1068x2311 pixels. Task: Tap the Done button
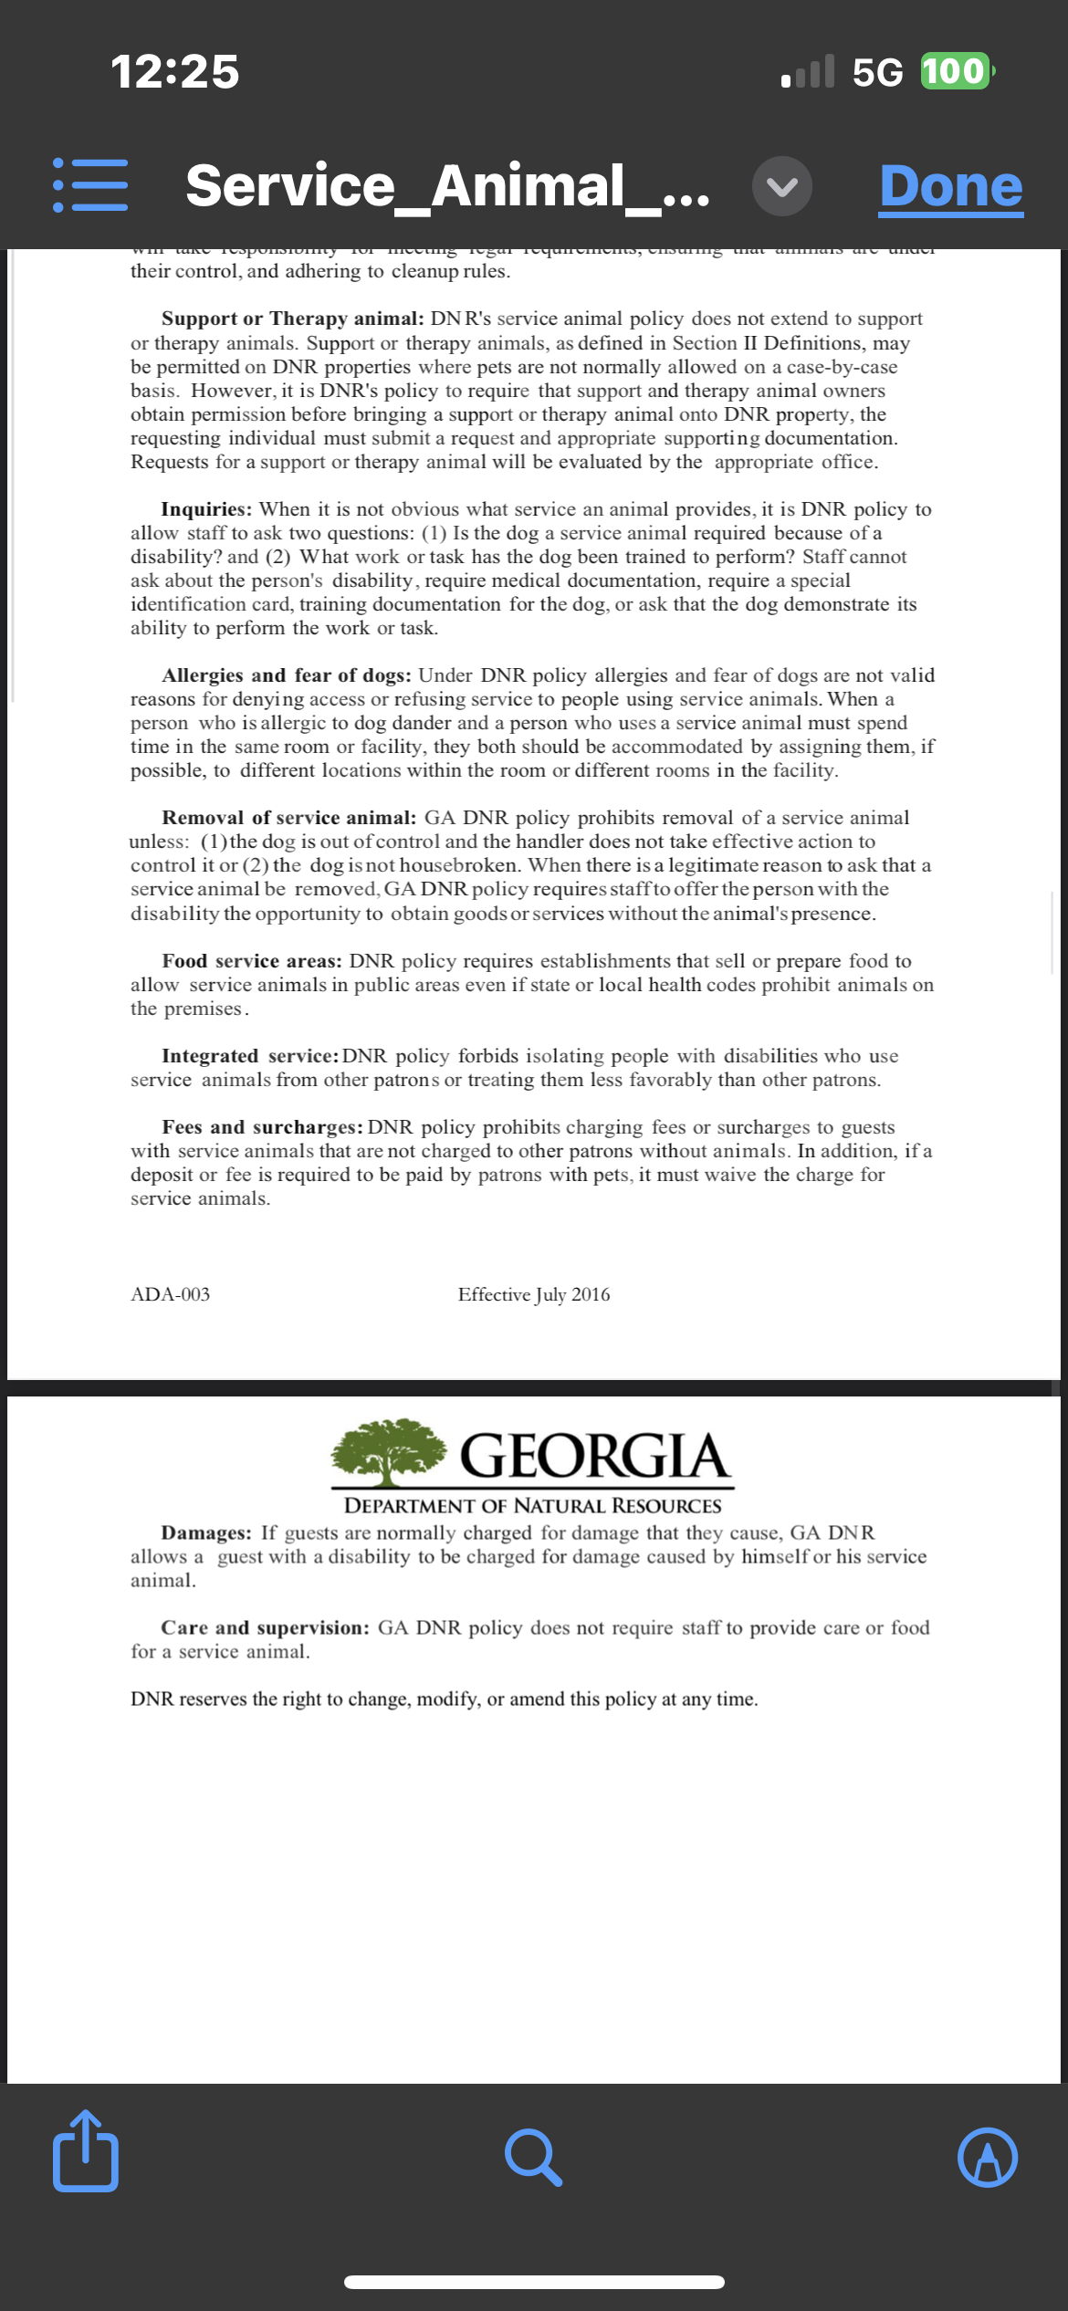click(x=950, y=187)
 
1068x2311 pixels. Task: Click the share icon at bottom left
click(x=86, y=2157)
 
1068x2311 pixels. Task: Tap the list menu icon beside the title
click(x=90, y=185)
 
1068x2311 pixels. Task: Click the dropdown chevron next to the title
click(x=782, y=186)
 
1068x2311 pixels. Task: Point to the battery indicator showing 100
click(x=954, y=71)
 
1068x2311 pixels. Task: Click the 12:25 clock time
click(x=174, y=71)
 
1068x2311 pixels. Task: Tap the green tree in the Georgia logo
click(x=390, y=1451)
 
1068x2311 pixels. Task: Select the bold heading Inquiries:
click(x=206, y=509)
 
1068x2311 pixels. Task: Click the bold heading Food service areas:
click(x=252, y=961)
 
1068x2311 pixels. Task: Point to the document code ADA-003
click(x=170, y=1294)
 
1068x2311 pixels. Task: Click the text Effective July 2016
click(x=534, y=1294)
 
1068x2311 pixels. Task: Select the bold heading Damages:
click(x=206, y=1532)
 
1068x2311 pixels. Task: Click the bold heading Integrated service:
click(x=250, y=1056)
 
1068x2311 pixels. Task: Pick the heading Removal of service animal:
click(x=288, y=818)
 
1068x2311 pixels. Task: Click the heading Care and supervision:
click(x=265, y=1627)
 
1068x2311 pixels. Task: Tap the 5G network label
click(x=876, y=72)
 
